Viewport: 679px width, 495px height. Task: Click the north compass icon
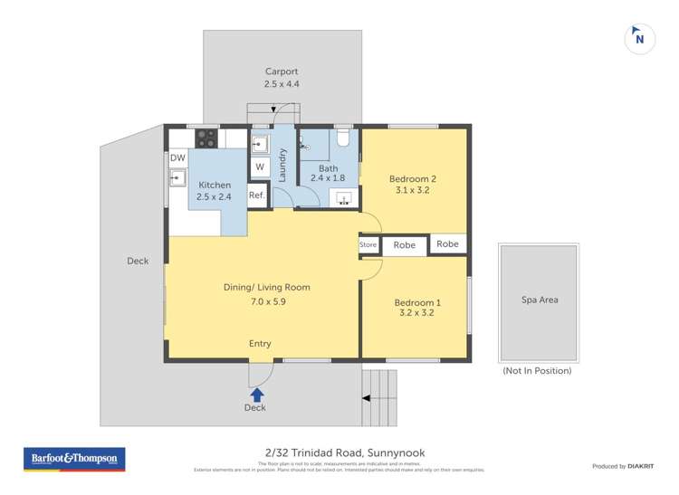pyautogui.click(x=640, y=39)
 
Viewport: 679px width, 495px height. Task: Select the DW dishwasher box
pyautogui.click(x=177, y=158)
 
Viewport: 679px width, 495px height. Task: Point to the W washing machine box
pyautogui.click(x=259, y=167)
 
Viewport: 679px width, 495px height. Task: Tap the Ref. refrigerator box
pyautogui.click(x=257, y=195)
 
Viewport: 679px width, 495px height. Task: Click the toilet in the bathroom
pyautogui.click(x=341, y=138)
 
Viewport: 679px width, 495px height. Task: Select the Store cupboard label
pyautogui.click(x=368, y=244)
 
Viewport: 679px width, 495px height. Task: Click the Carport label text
pyautogui.click(x=282, y=71)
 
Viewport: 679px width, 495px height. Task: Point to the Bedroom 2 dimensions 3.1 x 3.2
pyautogui.click(x=413, y=190)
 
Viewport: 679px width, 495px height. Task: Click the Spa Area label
pyautogui.click(x=538, y=300)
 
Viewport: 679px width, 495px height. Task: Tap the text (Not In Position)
pyautogui.click(x=537, y=370)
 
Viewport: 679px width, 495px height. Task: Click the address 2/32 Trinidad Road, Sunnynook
pyautogui.click(x=339, y=452)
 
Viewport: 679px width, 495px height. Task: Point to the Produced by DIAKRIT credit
pyautogui.click(x=623, y=466)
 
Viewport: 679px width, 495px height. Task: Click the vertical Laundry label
pyautogui.click(x=282, y=165)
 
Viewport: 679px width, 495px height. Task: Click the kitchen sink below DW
pyautogui.click(x=177, y=177)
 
